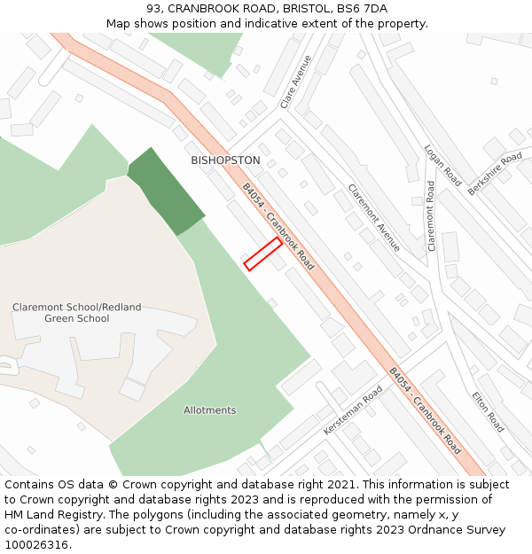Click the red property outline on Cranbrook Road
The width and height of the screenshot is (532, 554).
click(263, 254)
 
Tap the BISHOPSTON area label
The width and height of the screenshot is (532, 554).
click(225, 160)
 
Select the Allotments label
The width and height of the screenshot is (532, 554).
click(210, 410)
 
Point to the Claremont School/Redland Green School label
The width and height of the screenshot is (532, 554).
click(76, 313)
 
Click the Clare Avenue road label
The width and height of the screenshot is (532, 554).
click(296, 82)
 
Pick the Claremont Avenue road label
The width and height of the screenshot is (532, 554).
click(373, 217)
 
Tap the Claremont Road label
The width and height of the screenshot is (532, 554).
click(432, 216)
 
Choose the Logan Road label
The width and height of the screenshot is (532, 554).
click(442, 167)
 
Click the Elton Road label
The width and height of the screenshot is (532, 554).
click(488, 412)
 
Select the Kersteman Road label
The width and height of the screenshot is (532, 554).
click(353, 410)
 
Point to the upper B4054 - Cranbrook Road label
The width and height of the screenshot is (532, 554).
click(278, 226)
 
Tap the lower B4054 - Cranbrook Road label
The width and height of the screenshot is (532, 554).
click(426, 410)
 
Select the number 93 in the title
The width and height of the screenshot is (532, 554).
click(154, 9)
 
